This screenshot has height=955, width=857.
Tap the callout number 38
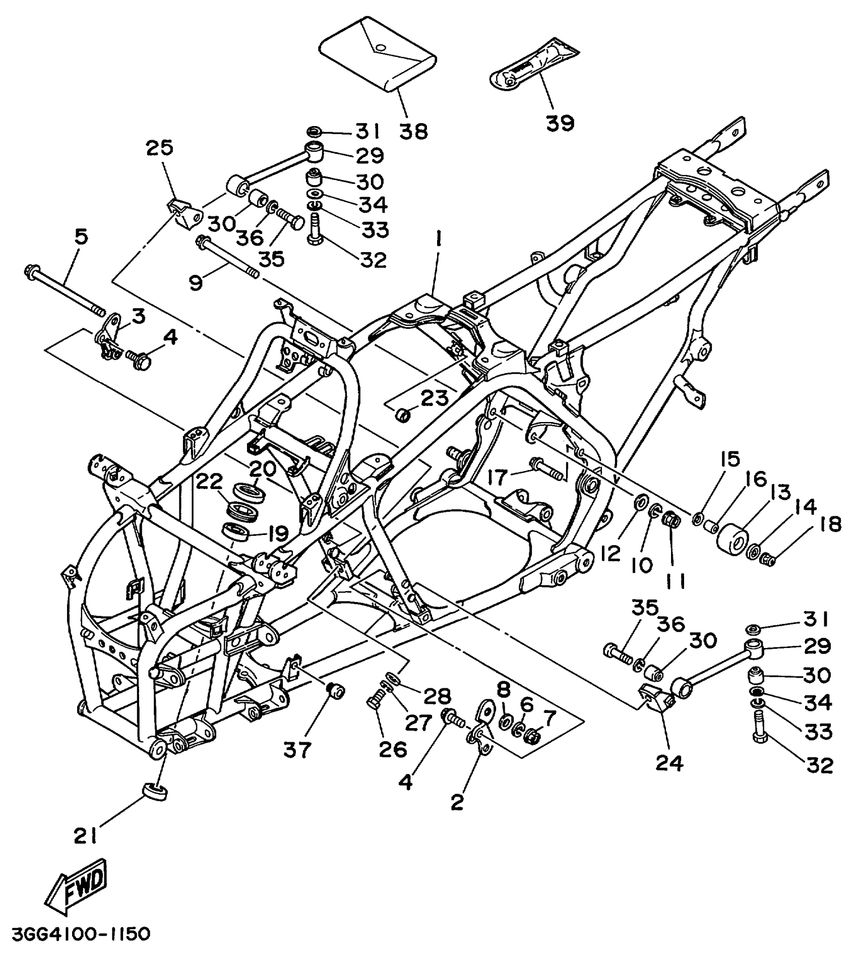click(x=414, y=132)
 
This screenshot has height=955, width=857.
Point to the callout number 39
click(x=560, y=122)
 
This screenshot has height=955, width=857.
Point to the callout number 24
click(x=669, y=763)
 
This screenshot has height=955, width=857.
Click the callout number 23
click(x=435, y=398)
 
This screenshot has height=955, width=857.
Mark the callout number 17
click(x=497, y=477)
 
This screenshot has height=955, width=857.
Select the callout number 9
click(x=197, y=283)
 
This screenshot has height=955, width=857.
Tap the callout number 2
click(x=457, y=802)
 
